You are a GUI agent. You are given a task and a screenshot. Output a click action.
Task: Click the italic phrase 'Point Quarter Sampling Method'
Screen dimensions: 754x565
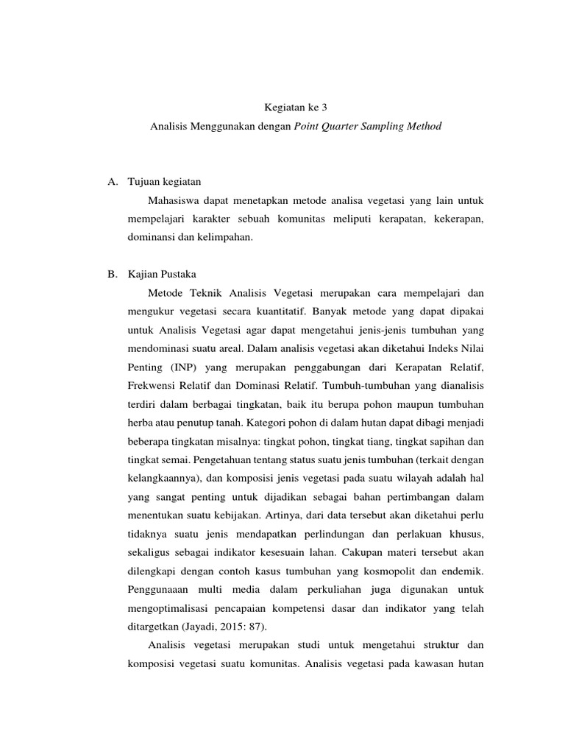pos(368,126)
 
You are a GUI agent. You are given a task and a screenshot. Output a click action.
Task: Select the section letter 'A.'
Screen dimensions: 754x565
pos(113,181)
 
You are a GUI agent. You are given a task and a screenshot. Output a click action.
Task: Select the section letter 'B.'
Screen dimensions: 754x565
pos(113,273)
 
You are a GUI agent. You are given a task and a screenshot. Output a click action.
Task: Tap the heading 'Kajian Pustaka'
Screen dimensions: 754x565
pos(160,273)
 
